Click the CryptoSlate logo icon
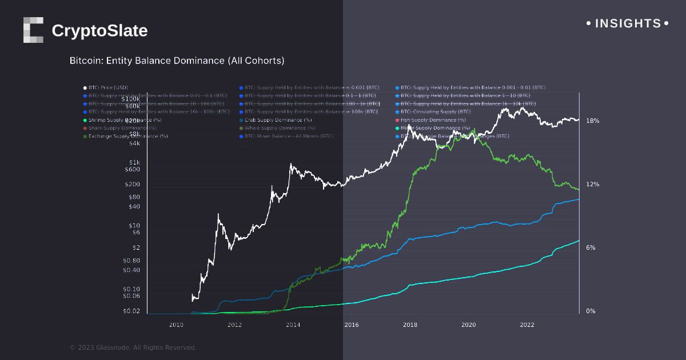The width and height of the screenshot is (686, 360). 33,30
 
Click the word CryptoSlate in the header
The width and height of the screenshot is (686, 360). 99,31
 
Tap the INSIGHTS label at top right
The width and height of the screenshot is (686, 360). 628,23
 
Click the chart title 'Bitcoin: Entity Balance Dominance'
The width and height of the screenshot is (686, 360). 177,60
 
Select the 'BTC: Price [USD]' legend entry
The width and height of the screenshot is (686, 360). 108,87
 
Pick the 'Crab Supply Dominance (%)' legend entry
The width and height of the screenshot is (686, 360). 278,120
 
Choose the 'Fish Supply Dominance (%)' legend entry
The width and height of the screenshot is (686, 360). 433,120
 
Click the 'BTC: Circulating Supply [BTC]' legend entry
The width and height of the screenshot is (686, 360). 436,111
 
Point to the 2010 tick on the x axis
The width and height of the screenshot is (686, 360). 176,325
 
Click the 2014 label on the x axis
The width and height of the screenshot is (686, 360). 293,325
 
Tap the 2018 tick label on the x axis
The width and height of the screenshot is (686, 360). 410,325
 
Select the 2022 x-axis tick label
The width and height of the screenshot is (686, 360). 527,325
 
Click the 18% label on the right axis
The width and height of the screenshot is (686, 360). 592,121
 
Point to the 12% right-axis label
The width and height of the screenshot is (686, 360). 592,185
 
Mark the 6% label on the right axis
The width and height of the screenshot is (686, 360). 591,248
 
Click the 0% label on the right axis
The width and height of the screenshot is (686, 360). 591,311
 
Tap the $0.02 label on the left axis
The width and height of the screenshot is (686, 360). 131,311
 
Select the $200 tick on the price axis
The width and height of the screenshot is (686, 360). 133,185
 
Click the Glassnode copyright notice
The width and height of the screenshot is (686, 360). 133,347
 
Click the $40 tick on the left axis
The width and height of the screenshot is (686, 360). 134,206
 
